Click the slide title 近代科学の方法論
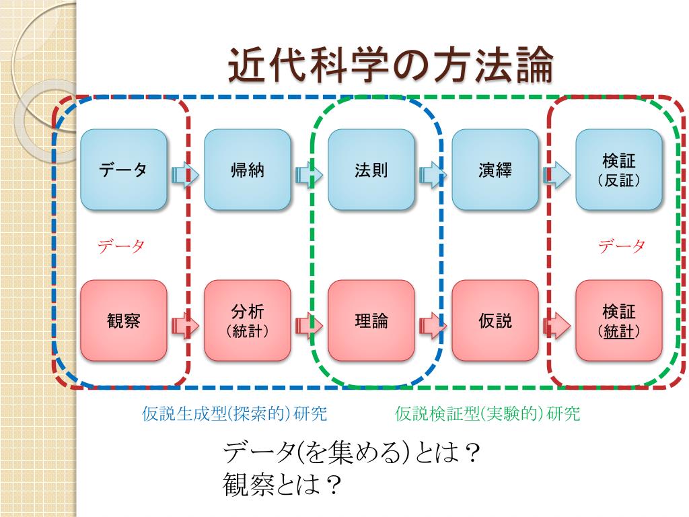[390, 66]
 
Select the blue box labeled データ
[124, 170]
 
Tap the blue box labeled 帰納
[248, 170]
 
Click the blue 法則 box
[371, 170]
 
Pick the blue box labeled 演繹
[495, 170]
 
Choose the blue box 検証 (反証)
[619, 170]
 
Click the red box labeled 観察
[124, 320]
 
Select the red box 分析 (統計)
[248, 320]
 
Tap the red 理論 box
[371, 320]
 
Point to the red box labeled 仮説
[495, 320]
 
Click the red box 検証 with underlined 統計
[619, 320]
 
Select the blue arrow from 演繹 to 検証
[556, 176]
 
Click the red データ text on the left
[122, 246]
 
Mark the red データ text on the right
[622, 246]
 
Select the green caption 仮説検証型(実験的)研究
[487, 413]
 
